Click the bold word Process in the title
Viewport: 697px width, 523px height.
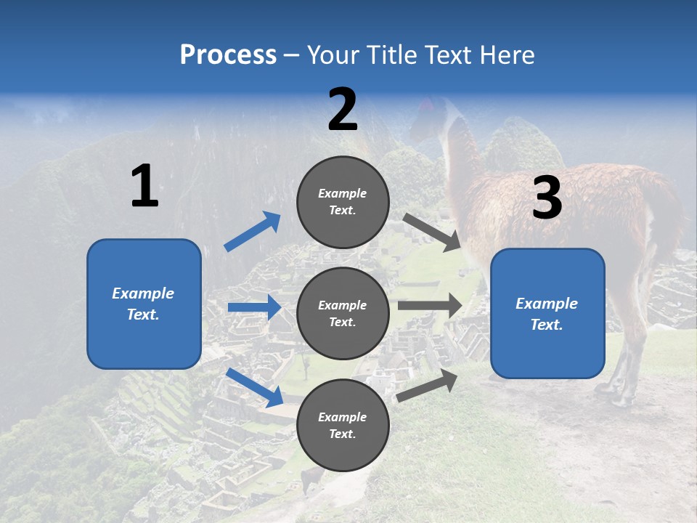(x=228, y=55)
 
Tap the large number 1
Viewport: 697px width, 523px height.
(x=144, y=187)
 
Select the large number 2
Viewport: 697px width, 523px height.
(x=343, y=110)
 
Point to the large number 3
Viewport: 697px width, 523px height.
(x=547, y=198)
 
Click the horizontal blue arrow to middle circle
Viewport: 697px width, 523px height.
(x=254, y=308)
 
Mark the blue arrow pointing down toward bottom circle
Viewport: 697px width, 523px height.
(x=254, y=386)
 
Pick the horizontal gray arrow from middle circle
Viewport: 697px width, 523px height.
(x=429, y=306)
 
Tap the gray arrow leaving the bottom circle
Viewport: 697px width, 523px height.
(x=427, y=386)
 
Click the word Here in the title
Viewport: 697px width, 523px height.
(x=508, y=55)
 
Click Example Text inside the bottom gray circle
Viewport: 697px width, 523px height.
(x=343, y=426)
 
